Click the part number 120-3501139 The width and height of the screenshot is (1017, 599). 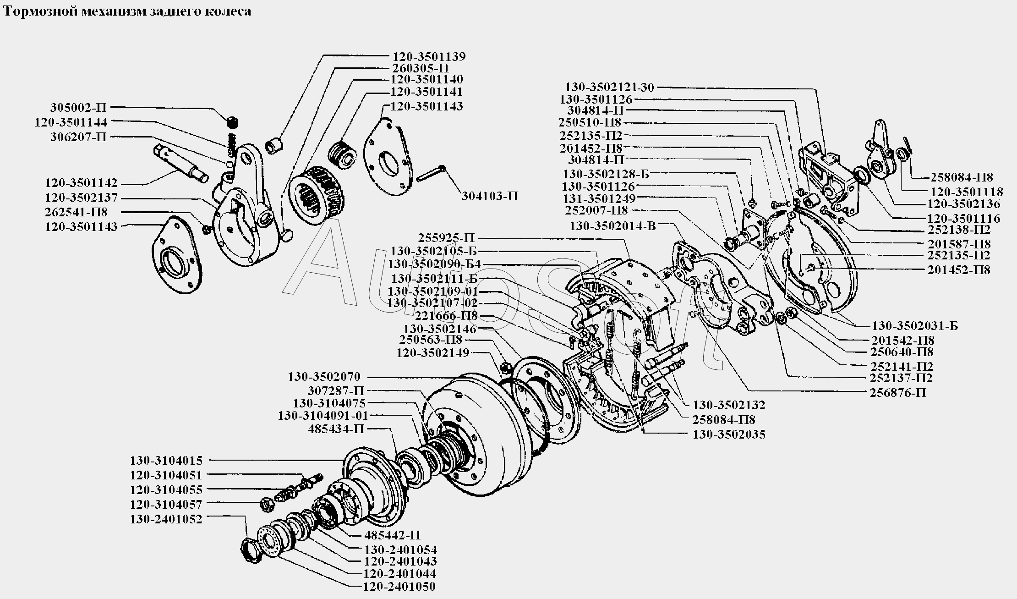pyautogui.click(x=429, y=57)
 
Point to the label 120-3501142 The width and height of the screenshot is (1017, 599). pyautogui.click(x=81, y=183)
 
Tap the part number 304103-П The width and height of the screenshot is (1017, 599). pyautogui.click(x=489, y=197)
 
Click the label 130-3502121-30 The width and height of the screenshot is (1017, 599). pyautogui.click(x=609, y=87)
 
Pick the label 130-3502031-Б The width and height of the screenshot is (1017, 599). pyautogui.click(x=914, y=326)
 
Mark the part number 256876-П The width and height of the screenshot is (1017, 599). pyautogui.click(x=897, y=393)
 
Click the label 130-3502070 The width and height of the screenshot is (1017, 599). pyautogui.click(x=324, y=377)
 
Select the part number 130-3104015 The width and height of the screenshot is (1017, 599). pyautogui.click(x=166, y=461)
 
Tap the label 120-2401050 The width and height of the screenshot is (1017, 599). pyautogui.click(x=399, y=587)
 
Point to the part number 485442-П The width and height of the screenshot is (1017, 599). pyautogui.click(x=393, y=535)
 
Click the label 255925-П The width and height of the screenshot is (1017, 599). pyautogui.click(x=447, y=238)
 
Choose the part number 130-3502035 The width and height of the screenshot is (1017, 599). pyautogui.click(x=729, y=434)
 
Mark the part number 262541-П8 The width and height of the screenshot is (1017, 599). pyautogui.click(x=76, y=213)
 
